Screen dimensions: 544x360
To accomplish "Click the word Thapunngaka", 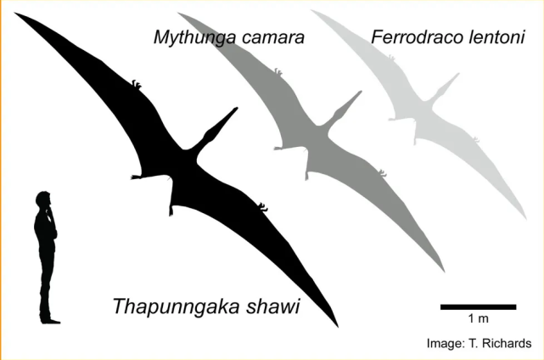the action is (176, 307).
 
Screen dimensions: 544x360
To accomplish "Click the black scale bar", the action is (478, 307).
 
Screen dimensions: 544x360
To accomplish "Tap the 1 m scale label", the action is (479, 318).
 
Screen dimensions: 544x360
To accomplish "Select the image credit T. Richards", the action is (500, 343).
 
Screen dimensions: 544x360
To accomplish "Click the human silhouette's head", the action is (43, 200).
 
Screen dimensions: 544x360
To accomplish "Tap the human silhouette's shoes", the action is (50, 320).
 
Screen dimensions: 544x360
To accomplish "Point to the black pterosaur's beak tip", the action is (237, 109).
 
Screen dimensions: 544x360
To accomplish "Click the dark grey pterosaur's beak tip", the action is (361, 93).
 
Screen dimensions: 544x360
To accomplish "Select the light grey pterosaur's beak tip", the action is (458, 74).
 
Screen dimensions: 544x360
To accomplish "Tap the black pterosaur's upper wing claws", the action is (137, 84).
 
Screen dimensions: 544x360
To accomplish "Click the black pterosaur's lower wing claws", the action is (262, 207).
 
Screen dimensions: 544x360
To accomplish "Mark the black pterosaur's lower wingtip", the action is (338, 327).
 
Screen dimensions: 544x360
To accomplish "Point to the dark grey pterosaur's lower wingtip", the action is (444, 271).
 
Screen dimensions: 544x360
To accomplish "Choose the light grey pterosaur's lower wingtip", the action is (526, 219).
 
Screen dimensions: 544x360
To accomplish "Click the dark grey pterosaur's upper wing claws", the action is (278, 72).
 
